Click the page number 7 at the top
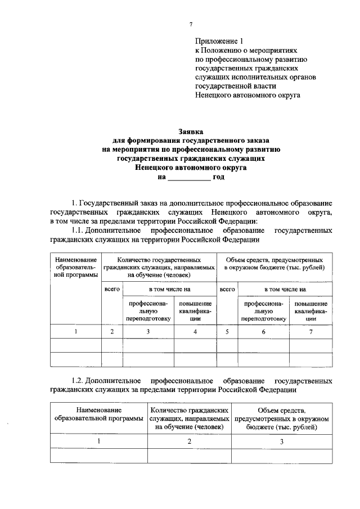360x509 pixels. click(191, 24)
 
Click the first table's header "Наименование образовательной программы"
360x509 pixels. click(75, 267)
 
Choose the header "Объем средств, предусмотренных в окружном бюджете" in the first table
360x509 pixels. click(273, 264)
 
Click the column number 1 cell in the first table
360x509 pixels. click(75, 332)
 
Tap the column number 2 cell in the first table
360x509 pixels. click(112, 332)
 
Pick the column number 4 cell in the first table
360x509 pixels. click(195, 332)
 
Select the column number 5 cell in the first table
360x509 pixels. click(227, 332)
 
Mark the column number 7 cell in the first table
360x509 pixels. click(310, 332)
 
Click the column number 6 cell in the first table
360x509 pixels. click(263, 332)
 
